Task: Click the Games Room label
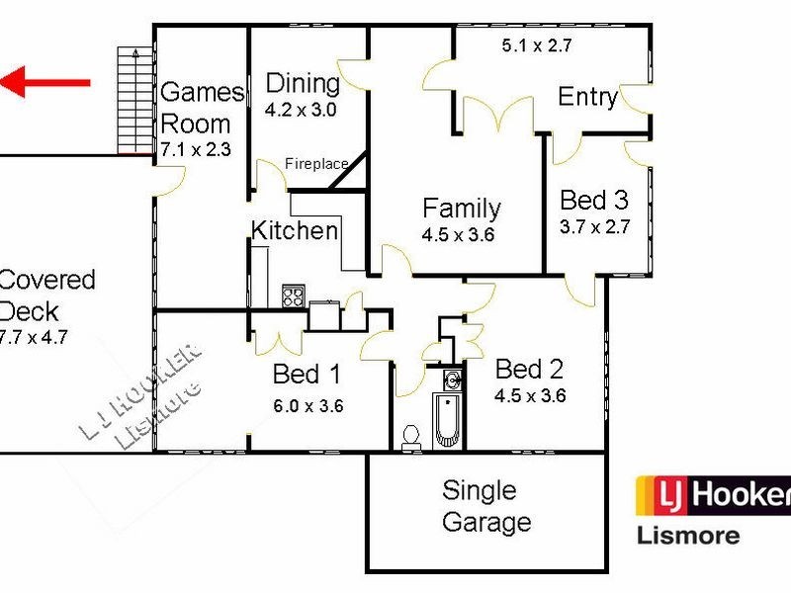[201, 108]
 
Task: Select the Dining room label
[303, 84]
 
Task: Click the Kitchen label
[295, 231]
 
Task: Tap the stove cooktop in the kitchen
[294, 296]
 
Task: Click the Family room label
[461, 209]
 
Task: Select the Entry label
[588, 97]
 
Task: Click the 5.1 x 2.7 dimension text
[537, 44]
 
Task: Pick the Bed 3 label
[594, 201]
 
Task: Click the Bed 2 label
[529, 370]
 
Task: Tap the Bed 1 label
[307, 375]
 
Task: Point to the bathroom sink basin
[452, 379]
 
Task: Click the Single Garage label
[486, 506]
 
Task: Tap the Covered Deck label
[44, 295]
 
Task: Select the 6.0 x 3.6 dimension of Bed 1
[308, 405]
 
